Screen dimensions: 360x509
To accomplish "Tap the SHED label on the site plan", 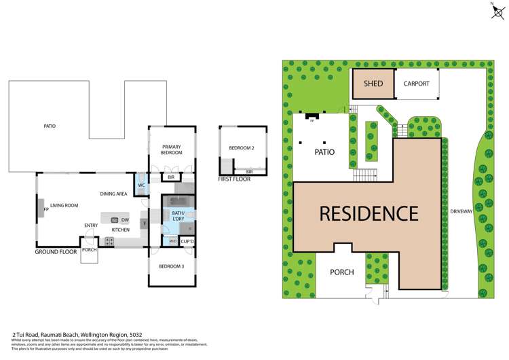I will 373,84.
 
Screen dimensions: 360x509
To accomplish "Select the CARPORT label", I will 416,84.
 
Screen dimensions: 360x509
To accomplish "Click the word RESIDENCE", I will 369,214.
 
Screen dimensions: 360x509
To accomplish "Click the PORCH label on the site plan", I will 342,272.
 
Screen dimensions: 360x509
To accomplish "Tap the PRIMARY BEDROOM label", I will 172,150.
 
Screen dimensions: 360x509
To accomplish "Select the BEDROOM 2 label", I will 241,148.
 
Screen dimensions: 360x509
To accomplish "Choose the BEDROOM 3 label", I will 172,266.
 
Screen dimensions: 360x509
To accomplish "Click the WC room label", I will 143,185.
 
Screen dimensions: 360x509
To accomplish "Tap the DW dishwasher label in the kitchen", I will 126,220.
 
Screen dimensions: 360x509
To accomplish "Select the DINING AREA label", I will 114,194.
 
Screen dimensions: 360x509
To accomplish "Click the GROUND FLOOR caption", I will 55,252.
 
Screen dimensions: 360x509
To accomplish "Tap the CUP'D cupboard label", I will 187,241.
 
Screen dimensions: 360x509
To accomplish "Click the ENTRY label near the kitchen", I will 91,226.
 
